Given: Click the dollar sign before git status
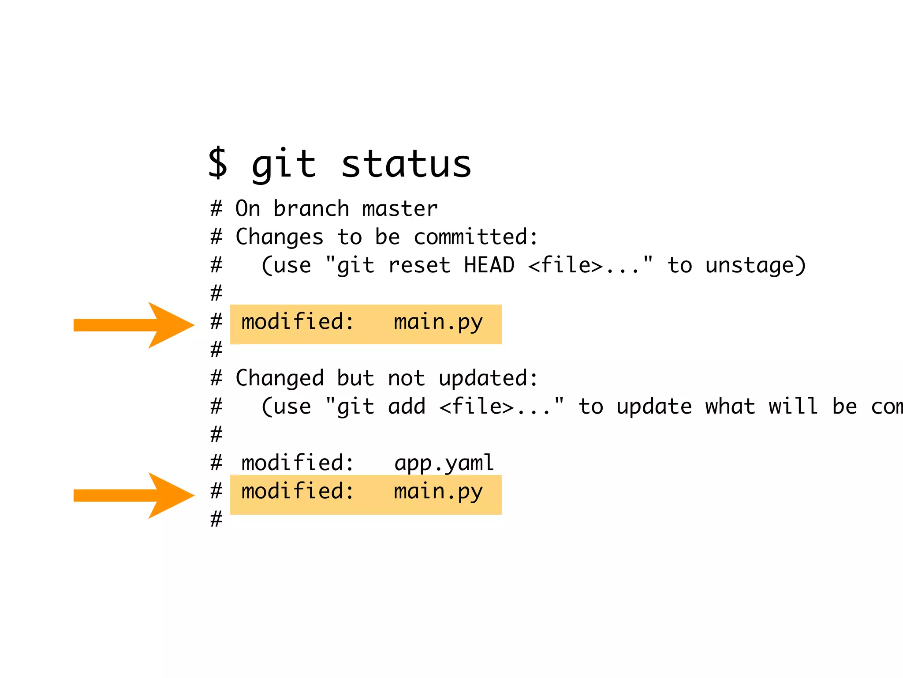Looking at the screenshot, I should [x=218, y=163].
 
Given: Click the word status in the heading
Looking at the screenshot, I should [x=406, y=164].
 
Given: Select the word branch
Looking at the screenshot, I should [x=311, y=208].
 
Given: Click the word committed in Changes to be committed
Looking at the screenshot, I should [x=475, y=237].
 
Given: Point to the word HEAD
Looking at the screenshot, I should [x=489, y=265].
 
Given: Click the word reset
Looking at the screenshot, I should [x=419, y=265].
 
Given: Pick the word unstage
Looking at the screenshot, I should [x=755, y=266].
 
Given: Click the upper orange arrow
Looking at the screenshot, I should [x=132, y=325].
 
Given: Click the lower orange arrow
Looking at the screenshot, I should [x=132, y=495].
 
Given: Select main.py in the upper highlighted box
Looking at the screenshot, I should [x=438, y=322].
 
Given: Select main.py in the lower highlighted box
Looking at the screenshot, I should [x=438, y=492].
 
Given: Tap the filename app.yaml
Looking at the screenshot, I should [x=444, y=463].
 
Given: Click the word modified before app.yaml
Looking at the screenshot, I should [x=298, y=463].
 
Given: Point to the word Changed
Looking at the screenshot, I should [x=280, y=378].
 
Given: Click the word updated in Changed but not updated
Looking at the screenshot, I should [x=488, y=379].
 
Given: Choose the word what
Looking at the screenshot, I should [x=730, y=406].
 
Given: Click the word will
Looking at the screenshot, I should [x=793, y=406].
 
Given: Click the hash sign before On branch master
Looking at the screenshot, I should [x=216, y=208].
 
